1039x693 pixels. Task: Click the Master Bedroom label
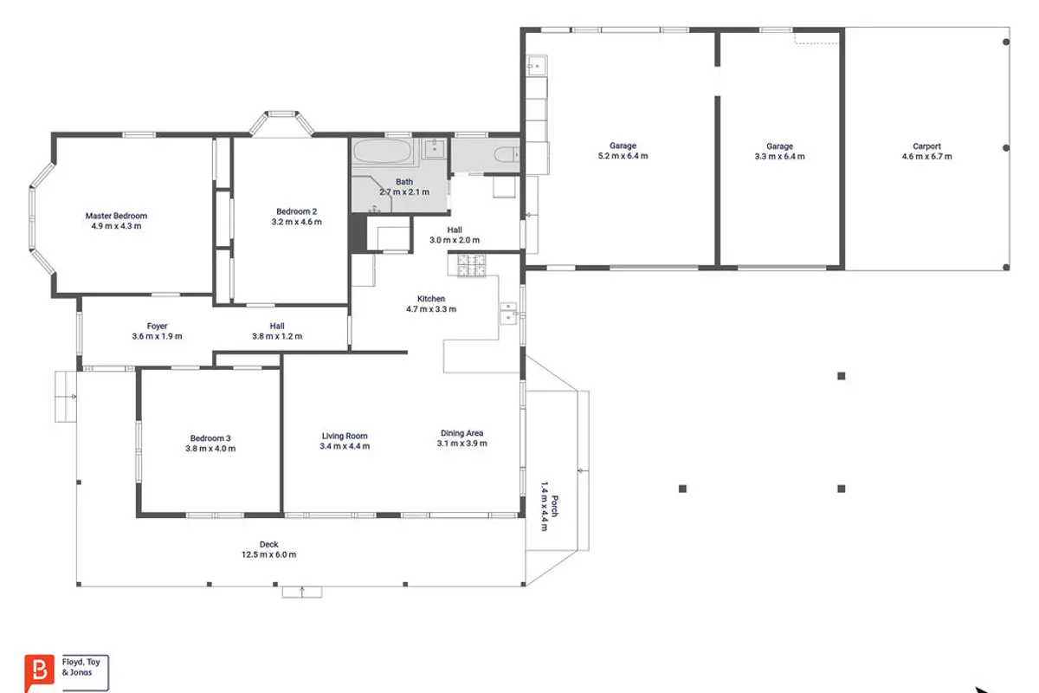116,216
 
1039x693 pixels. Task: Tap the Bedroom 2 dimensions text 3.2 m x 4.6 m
296,222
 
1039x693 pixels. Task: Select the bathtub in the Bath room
382,152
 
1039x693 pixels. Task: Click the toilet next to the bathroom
506,154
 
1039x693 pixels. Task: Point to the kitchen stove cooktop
471,265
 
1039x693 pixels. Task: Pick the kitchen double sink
508,314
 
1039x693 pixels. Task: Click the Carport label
926,146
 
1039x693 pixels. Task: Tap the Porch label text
555,507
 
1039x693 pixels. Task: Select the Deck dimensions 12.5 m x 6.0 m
268,554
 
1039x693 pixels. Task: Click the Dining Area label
461,433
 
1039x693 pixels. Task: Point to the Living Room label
345,436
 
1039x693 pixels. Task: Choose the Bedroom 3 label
210,438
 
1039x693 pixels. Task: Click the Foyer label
157,327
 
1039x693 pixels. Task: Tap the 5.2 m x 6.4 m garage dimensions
623,156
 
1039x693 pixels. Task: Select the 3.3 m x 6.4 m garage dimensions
779,157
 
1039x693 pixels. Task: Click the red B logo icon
39,671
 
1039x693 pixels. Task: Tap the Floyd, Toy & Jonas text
81,667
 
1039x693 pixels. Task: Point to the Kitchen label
431,299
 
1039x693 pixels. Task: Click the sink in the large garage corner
537,66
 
